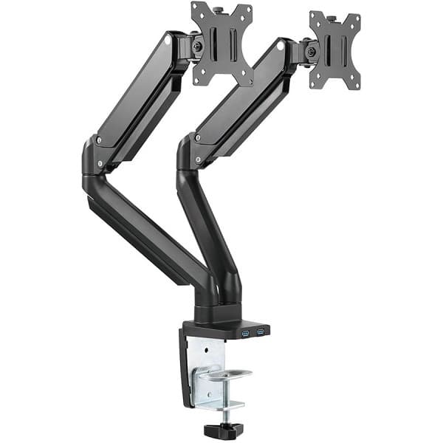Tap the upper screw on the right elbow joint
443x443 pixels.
coord(196,138)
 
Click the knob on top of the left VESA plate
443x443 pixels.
coord(219,9)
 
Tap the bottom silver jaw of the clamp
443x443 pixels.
coord(225,405)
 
